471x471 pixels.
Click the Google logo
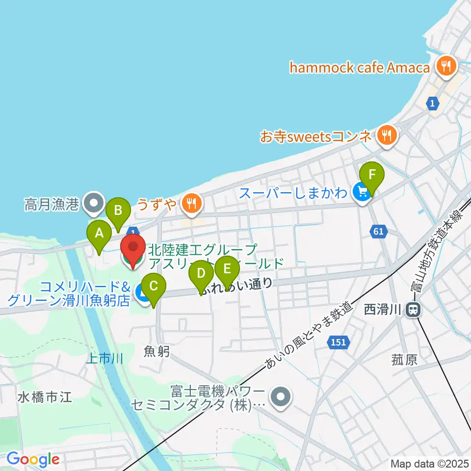pos(33,460)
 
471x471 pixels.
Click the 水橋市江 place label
pos(45,396)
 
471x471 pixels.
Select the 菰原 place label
pos(404,361)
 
